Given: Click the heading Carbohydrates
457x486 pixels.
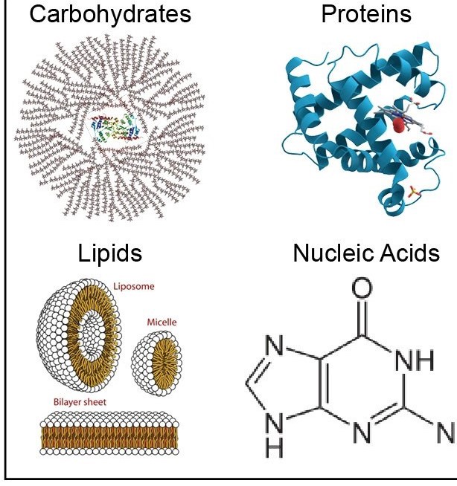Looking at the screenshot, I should pos(110,14).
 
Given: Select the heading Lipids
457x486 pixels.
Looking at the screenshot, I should pos(110,253).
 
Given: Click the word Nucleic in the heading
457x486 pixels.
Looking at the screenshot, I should pos(333,253).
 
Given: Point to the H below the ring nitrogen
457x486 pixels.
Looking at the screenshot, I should pos(276,450).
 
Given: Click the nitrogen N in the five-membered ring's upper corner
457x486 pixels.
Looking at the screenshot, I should pos(276,346).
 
